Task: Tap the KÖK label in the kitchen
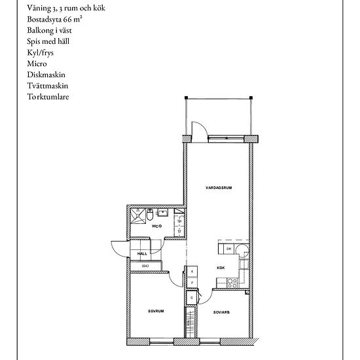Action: tap(221, 268)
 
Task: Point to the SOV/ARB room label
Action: tap(221, 312)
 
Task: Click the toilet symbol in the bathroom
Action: tap(150, 213)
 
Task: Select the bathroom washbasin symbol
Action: tap(164, 212)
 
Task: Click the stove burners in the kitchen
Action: tap(231, 283)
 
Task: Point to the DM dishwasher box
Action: tap(228, 249)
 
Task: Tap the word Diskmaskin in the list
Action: tap(47, 75)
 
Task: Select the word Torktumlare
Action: tap(48, 97)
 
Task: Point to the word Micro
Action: tap(37, 63)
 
